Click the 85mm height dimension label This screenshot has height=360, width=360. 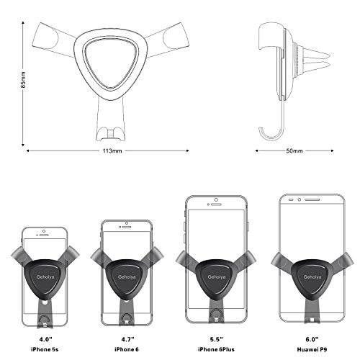pos(23,79)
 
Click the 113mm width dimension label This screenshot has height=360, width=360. pos(112,151)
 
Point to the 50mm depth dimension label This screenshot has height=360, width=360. pos(294,151)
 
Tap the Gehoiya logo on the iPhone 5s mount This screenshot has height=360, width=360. pos(45,276)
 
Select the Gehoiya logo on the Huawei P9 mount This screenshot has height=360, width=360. pos(312,277)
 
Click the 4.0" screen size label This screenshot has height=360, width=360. pos(45,339)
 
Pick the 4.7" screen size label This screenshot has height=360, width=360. pos(127,339)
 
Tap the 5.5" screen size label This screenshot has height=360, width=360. pos(216,339)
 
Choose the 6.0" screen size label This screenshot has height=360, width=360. pos(312,339)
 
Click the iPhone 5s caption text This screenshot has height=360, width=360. pos(45,349)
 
